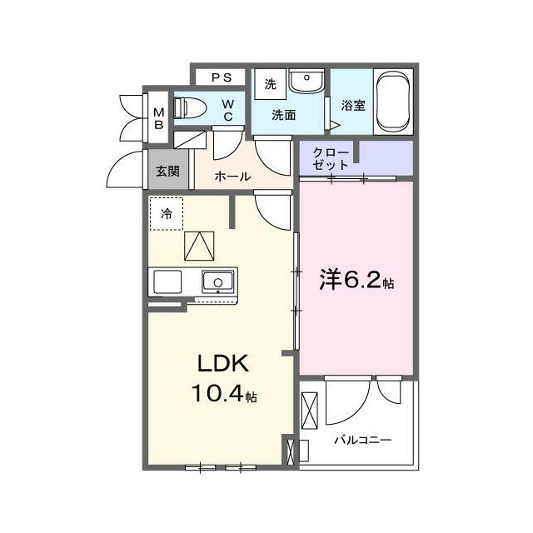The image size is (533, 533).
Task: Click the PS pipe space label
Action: coord(222,77)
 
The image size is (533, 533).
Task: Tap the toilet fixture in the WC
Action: coord(190,107)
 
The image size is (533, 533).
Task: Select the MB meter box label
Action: coord(159,118)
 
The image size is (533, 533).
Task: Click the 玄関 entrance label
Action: coord(168,171)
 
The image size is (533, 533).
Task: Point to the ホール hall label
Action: coord(233,176)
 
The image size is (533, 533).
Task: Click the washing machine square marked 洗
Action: coord(271,84)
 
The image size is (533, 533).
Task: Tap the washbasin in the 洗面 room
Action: coord(306,81)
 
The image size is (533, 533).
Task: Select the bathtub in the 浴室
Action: coord(393,102)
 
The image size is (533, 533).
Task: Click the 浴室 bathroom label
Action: coord(353,105)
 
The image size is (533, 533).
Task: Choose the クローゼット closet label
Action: coord(331,158)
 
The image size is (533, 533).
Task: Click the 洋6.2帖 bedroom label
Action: coord(356,280)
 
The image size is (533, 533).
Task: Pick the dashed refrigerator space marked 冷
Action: coord(167,214)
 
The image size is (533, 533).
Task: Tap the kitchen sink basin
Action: coord(218,281)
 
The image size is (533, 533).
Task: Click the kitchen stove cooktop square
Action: coord(167,281)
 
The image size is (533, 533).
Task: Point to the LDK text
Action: coord(223,363)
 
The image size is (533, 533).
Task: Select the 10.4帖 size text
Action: coord(224,393)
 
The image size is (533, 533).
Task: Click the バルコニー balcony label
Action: coord(363,441)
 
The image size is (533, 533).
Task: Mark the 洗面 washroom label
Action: coord(284,115)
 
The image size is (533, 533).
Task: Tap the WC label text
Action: coord(228,110)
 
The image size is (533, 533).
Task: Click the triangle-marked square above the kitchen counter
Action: coord(199,247)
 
